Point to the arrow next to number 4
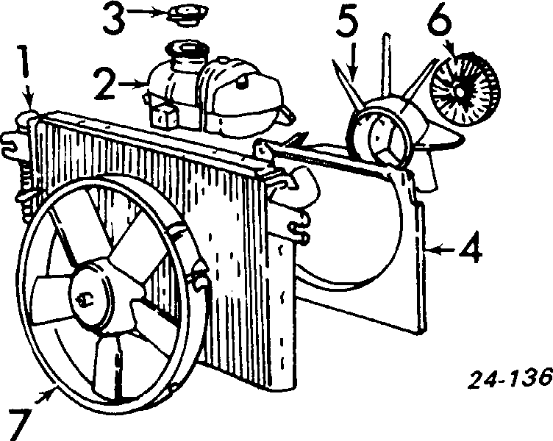441,251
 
